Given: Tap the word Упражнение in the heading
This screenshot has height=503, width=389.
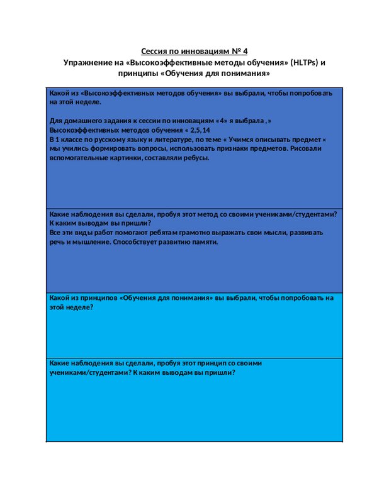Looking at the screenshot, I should tap(86, 62).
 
